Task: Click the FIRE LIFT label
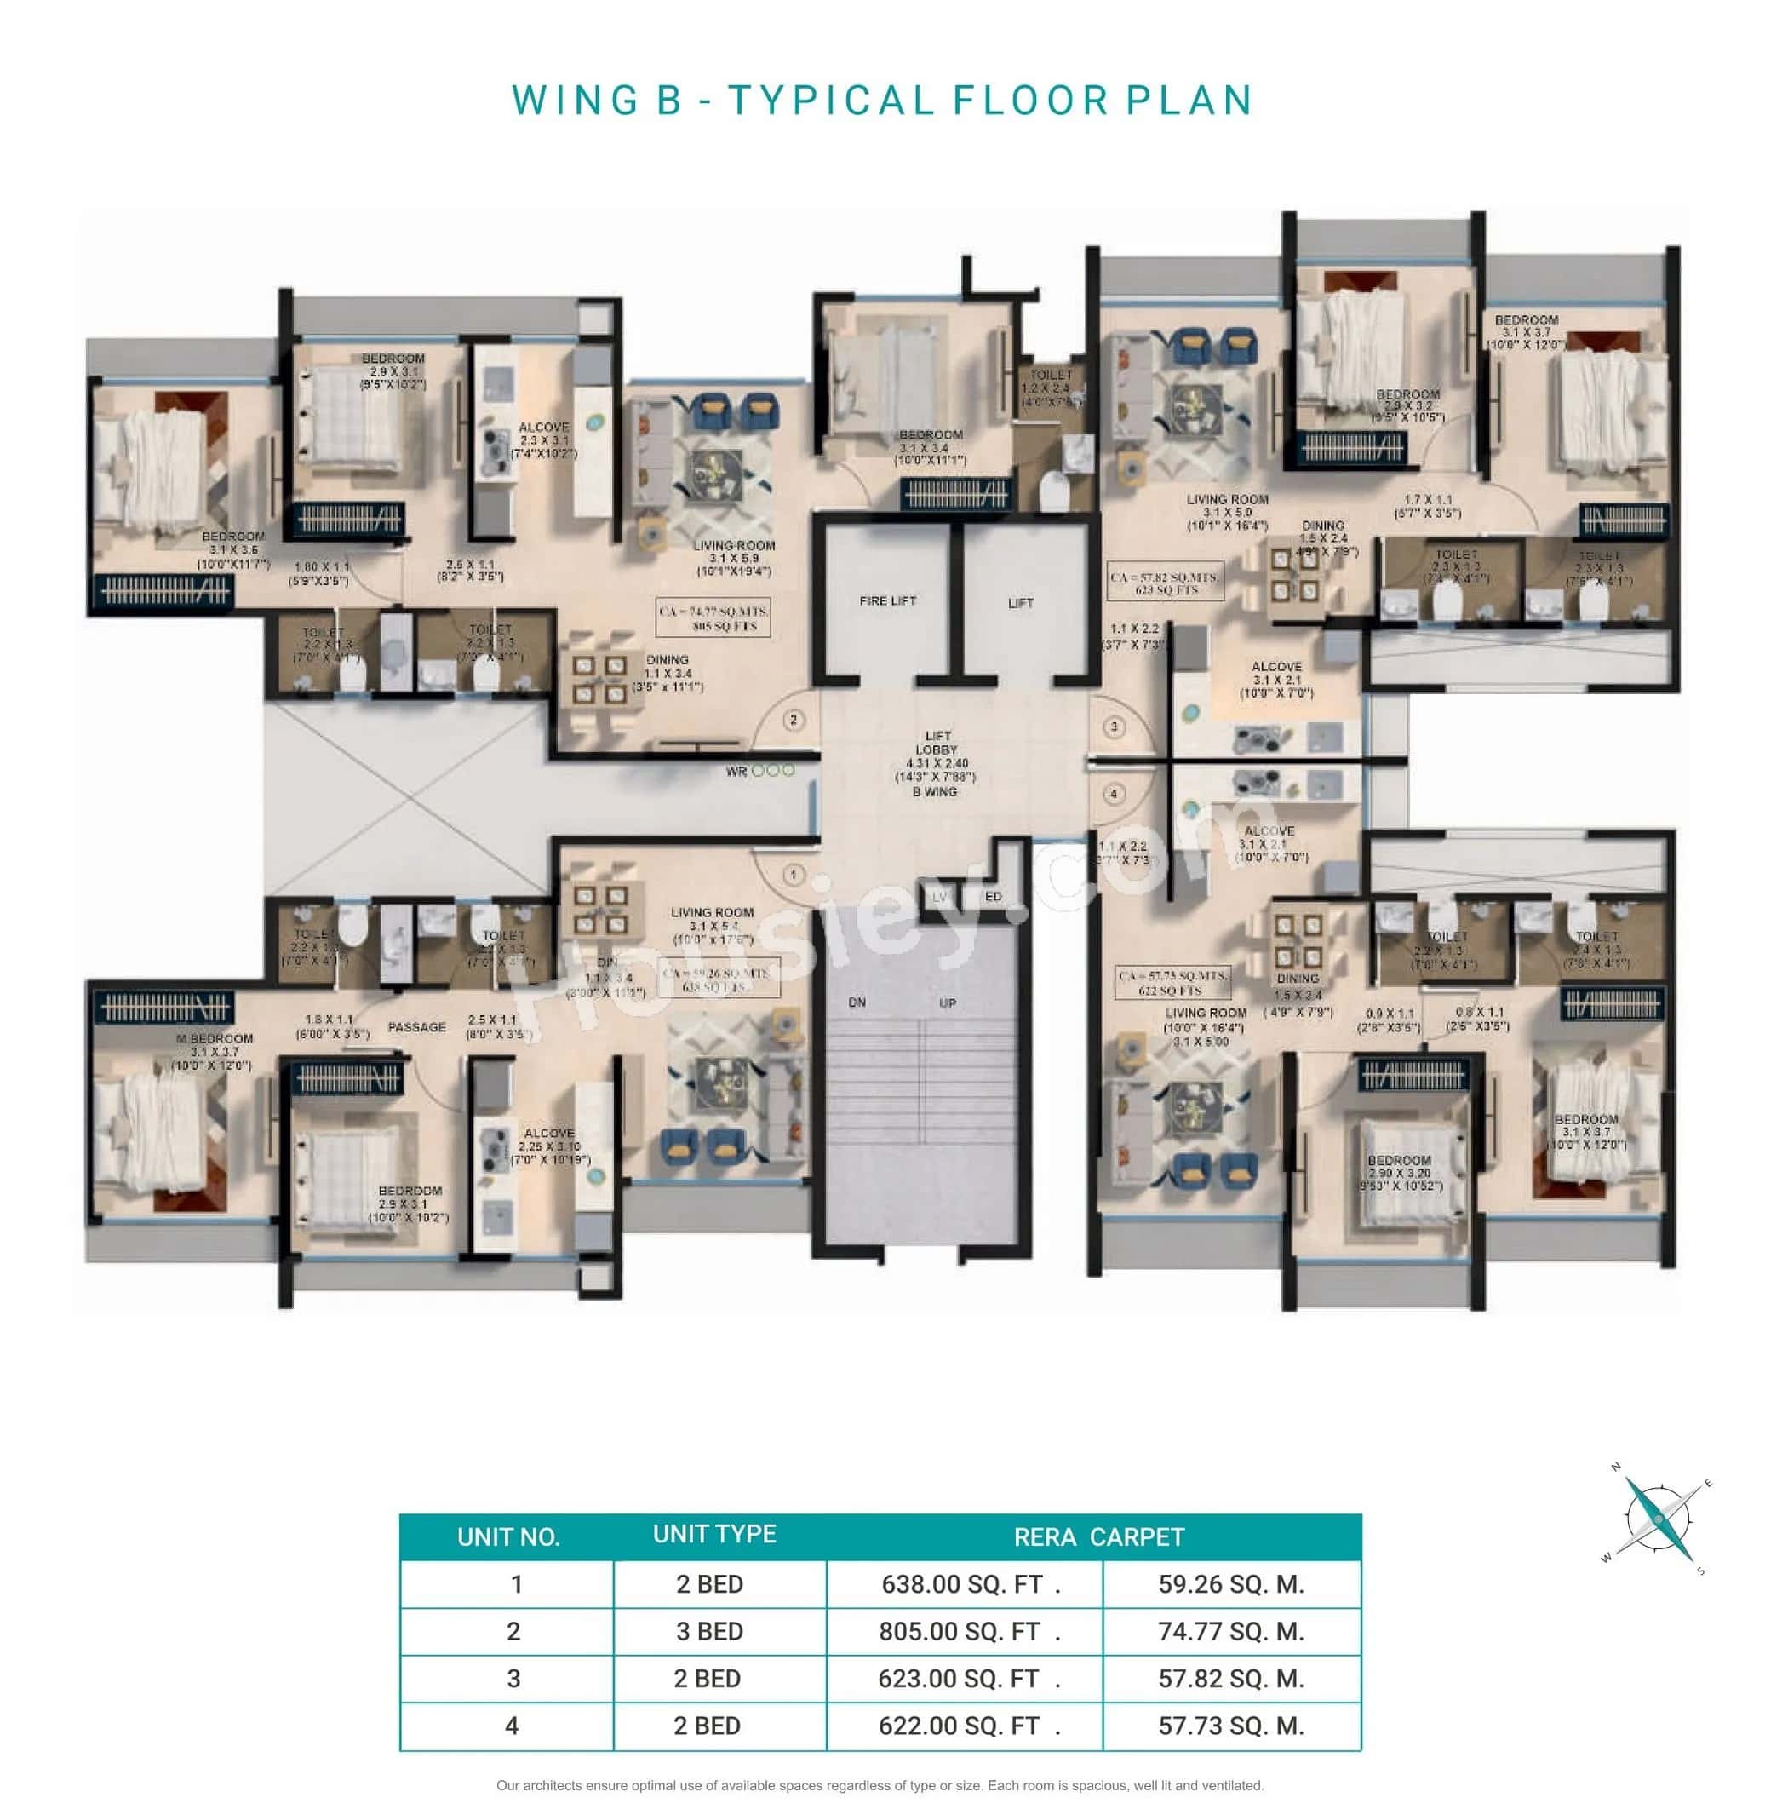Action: [x=886, y=600]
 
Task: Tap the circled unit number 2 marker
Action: [x=794, y=720]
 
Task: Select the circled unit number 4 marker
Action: [x=1114, y=794]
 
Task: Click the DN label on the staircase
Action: [x=857, y=1002]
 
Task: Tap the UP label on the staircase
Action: [x=948, y=1003]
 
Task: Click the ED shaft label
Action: [x=993, y=896]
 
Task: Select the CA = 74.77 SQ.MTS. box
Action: [x=713, y=618]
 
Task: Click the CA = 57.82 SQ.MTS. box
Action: [x=1166, y=583]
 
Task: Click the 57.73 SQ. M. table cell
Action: [x=1231, y=1726]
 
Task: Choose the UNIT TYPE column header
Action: [x=714, y=1534]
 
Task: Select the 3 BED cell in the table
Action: [x=709, y=1632]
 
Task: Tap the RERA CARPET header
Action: [x=1098, y=1537]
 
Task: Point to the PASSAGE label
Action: [x=417, y=1027]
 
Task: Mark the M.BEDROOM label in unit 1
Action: [x=215, y=1038]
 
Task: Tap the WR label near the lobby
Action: [x=736, y=772]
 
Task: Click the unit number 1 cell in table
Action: [x=516, y=1585]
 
